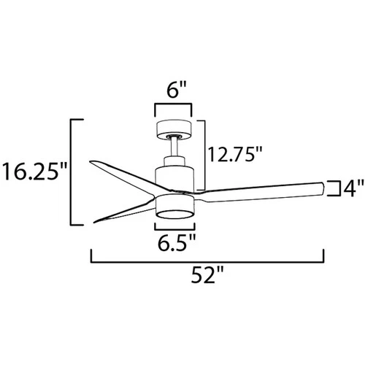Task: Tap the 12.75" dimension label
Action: pos(234,154)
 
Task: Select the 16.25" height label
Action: pos(34,172)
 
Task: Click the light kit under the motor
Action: pos(174,204)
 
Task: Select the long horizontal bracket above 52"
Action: pos(207,258)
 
